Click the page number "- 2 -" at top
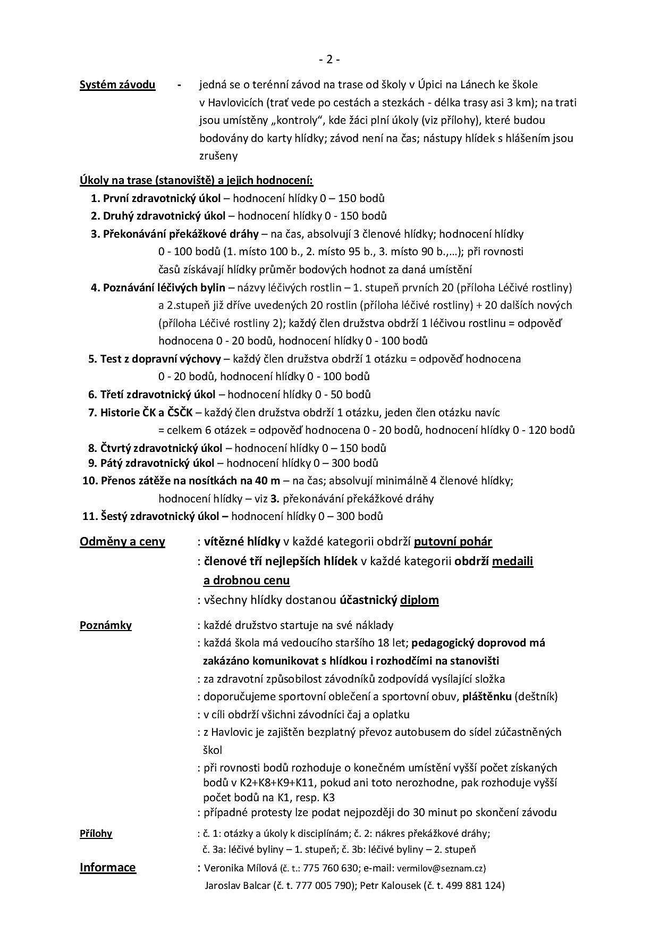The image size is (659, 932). [x=329, y=60]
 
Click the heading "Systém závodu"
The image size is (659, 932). [x=117, y=85]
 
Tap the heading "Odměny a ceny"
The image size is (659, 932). [x=122, y=541]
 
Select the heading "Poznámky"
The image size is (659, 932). [x=106, y=625]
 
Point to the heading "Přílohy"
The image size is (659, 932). [x=96, y=833]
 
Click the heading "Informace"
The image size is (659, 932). [x=107, y=867]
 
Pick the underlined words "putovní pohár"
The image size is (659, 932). [x=453, y=542]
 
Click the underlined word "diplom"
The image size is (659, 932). [x=419, y=600]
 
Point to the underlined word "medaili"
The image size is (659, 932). [x=512, y=561]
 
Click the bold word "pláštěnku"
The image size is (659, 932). [x=487, y=696]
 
